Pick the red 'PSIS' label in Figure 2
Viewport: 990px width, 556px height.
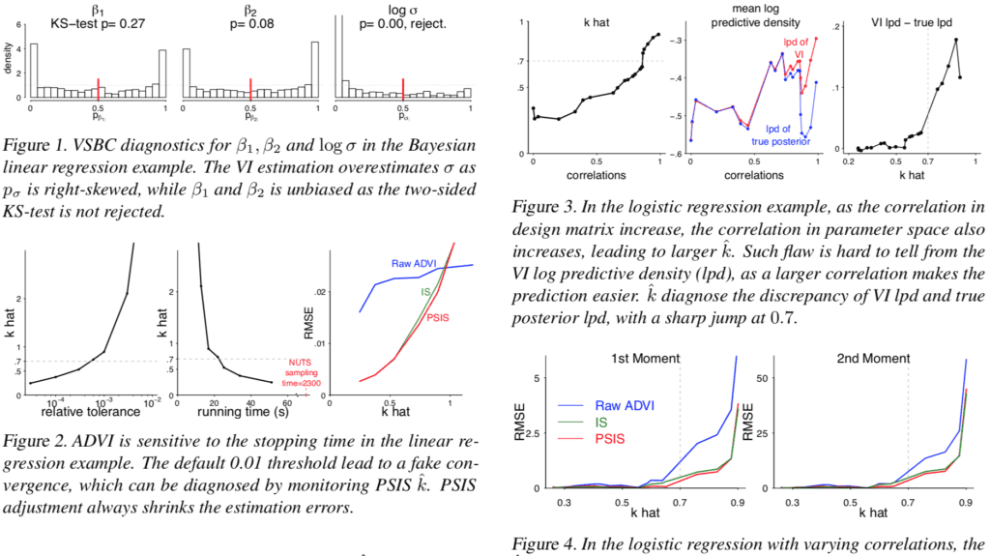[438, 317]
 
